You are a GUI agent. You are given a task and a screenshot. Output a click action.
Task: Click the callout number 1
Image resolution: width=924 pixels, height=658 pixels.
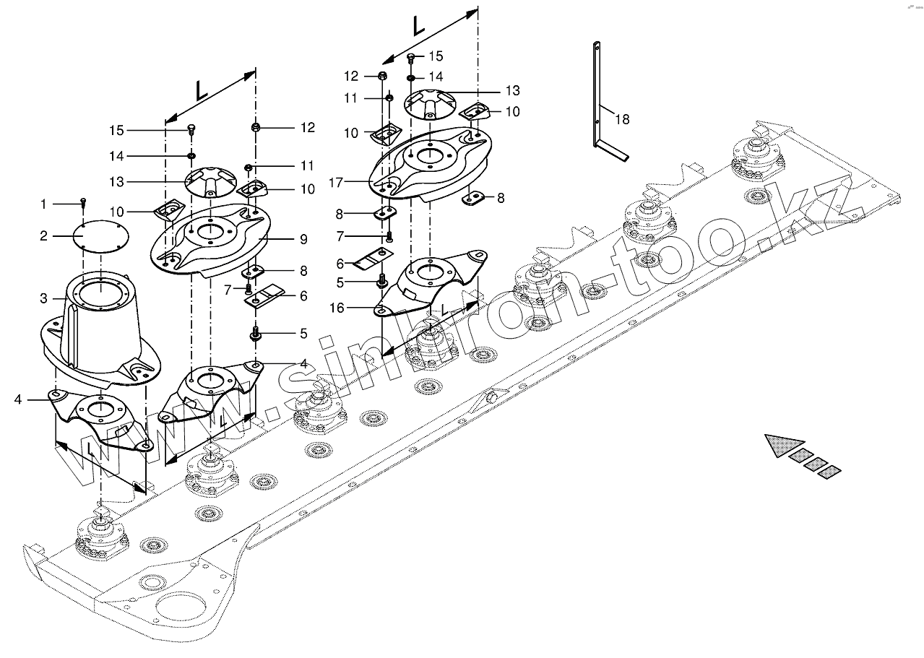pos(43,204)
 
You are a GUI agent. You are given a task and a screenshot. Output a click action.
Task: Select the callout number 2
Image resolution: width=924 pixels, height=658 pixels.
pos(43,236)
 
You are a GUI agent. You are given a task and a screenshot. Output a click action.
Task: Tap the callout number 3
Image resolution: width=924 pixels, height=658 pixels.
pos(43,298)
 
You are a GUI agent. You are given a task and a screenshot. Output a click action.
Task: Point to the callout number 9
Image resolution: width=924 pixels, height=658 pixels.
pos(304,238)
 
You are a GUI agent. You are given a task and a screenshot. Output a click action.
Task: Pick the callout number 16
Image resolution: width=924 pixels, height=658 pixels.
pos(336,308)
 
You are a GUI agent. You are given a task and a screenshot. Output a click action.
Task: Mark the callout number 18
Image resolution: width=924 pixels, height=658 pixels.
pos(622,119)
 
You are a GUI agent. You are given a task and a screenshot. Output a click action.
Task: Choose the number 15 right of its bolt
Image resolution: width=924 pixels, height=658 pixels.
pos(436,56)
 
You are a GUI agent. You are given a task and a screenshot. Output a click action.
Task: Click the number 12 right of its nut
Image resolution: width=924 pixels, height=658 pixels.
pos(308,128)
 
